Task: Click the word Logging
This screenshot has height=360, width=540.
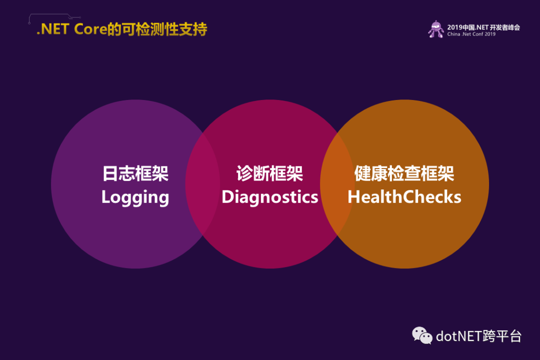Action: pyautogui.click(x=135, y=197)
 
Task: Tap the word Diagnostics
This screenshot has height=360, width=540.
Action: pyautogui.click(x=269, y=197)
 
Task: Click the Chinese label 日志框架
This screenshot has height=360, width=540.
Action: pyautogui.click(x=135, y=173)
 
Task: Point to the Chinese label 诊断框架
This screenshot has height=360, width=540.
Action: pyautogui.click(x=269, y=173)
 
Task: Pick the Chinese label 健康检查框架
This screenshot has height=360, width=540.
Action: pyautogui.click(x=404, y=173)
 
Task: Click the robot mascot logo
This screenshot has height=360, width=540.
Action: pyautogui.click(x=436, y=29)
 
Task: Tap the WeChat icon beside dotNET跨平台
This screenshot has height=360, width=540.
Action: pyautogui.click(x=422, y=335)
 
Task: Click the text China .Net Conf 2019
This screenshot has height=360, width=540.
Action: pyautogui.click(x=471, y=34)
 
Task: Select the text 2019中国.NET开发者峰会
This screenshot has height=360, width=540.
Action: pyautogui.click(x=483, y=27)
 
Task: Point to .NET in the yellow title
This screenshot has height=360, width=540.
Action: pyautogui.click(x=53, y=29)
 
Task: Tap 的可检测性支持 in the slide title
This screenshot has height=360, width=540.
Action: pyautogui.click(x=157, y=29)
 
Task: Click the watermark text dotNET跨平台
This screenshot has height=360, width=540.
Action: pyautogui.click(x=478, y=336)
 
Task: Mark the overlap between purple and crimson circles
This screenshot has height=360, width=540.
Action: pyautogui.click(x=203, y=184)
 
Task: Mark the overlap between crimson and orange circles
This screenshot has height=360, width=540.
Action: pyautogui.click(x=337, y=184)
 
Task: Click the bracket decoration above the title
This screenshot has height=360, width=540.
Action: pyautogui.click(x=54, y=16)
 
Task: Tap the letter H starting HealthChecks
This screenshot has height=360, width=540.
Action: pyautogui.click(x=354, y=197)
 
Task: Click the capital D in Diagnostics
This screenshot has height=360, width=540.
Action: pyautogui.click(x=228, y=197)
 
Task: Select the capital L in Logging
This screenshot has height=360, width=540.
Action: pyautogui.click(x=106, y=197)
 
